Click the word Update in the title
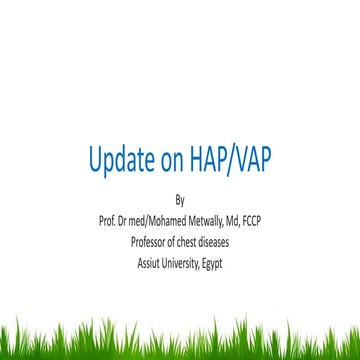[x=119, y=161]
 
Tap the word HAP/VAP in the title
[x=225, y=161]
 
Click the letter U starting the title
[x=96, y=160]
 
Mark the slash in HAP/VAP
[x=225, y=161]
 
